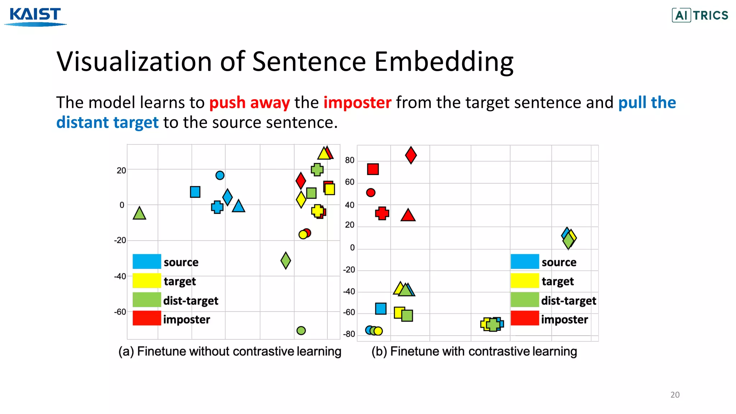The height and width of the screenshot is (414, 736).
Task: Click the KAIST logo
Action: point(35,17)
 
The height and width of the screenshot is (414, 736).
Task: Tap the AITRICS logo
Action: point(700,15)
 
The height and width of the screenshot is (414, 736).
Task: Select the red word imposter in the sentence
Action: point(357,103)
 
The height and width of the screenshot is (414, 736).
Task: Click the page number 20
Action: point(675,395)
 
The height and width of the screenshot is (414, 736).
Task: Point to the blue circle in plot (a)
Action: point(220,175)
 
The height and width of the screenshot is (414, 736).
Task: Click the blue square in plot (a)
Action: point(195,192)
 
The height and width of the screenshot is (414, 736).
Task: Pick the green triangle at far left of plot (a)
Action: point(139,214)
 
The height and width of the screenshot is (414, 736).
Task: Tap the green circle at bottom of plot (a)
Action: point(301,331)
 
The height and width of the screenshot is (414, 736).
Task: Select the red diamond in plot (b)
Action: point(411,155)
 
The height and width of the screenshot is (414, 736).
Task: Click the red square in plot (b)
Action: point(373,169)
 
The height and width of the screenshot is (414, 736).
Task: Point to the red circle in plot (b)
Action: point(371,193)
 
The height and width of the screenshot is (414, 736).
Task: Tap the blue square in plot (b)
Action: point(381,309)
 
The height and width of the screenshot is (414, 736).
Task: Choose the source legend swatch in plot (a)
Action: point(147,262)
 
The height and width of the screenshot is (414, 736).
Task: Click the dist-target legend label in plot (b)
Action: point(569,301)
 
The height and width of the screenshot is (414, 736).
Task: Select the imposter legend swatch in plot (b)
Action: point(525,318)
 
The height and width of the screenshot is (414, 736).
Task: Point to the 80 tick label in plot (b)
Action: point(349,160)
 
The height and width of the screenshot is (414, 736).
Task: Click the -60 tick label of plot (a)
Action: point(120,312)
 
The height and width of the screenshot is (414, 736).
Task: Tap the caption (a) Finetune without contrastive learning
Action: point(230,351)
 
